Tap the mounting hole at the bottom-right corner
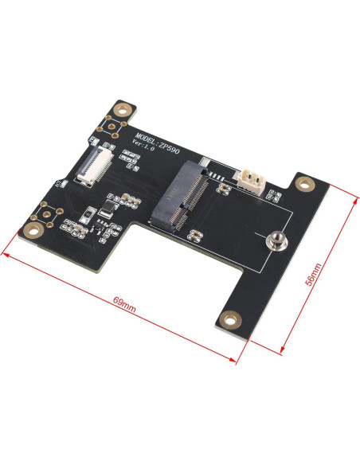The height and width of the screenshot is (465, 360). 230,320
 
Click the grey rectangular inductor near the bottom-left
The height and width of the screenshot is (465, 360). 105,213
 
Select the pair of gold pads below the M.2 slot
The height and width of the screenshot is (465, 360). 193,232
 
